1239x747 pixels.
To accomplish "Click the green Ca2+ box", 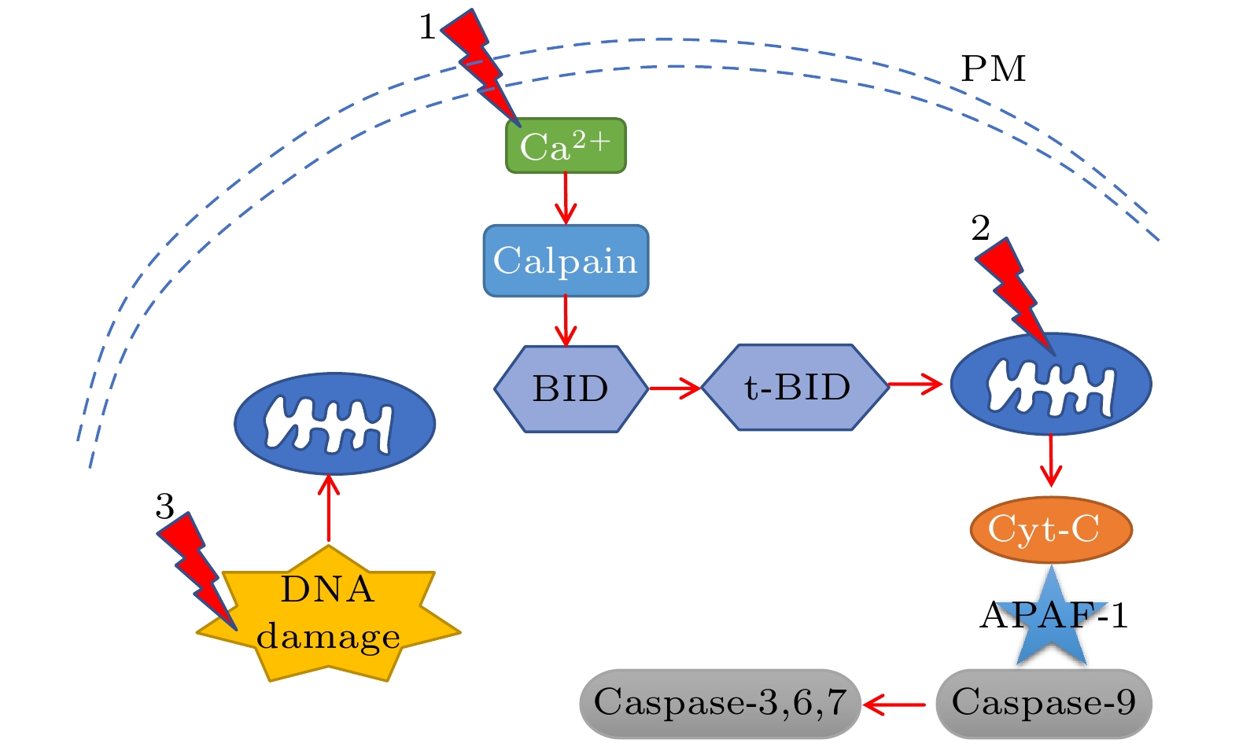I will [566, 145].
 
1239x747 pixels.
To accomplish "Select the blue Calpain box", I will [566, 261].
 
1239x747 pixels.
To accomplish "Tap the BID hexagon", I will [570, 388].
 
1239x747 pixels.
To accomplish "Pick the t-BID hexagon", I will [795, 387].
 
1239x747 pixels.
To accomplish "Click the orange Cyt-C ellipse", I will [1050, 529].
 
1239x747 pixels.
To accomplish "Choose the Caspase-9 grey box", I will [1043, 703].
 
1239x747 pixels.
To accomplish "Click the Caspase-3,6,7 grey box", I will [720, 703].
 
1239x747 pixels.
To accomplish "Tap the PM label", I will [994, 69].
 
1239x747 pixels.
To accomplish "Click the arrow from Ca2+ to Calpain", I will [566, 198].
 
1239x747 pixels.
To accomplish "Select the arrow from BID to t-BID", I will [674, 388].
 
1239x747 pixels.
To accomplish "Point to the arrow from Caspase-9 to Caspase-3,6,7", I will [894, 705].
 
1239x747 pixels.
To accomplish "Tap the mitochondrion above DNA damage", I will [334, 424].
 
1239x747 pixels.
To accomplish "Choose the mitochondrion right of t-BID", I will [1051, 385].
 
